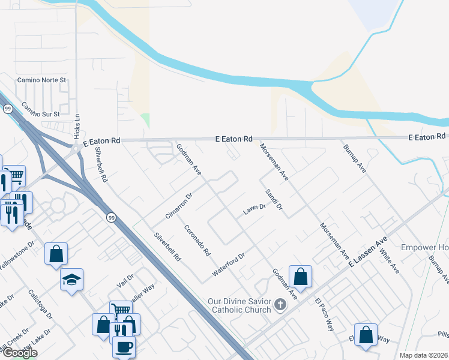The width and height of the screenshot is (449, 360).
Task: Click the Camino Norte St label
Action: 41,80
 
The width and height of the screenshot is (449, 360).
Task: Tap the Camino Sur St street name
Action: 41,110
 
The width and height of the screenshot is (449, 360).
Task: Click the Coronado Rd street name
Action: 197,240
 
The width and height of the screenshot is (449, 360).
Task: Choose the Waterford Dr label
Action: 229,265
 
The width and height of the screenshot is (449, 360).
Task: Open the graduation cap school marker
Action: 71,279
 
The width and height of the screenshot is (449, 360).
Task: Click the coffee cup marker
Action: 124,346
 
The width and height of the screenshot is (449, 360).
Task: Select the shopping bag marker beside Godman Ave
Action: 301,276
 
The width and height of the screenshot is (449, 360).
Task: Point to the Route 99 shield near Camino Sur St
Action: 8,109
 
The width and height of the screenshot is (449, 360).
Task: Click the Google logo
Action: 19,353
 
